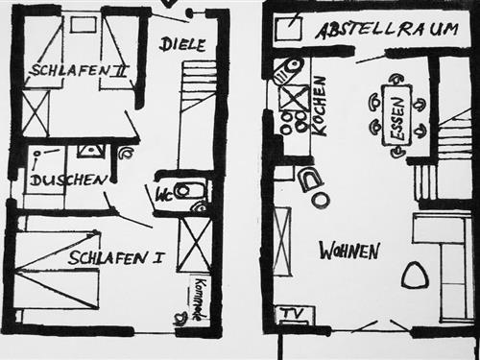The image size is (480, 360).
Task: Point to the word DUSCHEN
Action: click(67, 180)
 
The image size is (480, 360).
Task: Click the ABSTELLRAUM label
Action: click(385, 30)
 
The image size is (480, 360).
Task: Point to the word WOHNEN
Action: click(349, 251)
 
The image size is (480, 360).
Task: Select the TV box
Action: click(290, 314)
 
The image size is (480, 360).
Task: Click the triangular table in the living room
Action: click(415, 276)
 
